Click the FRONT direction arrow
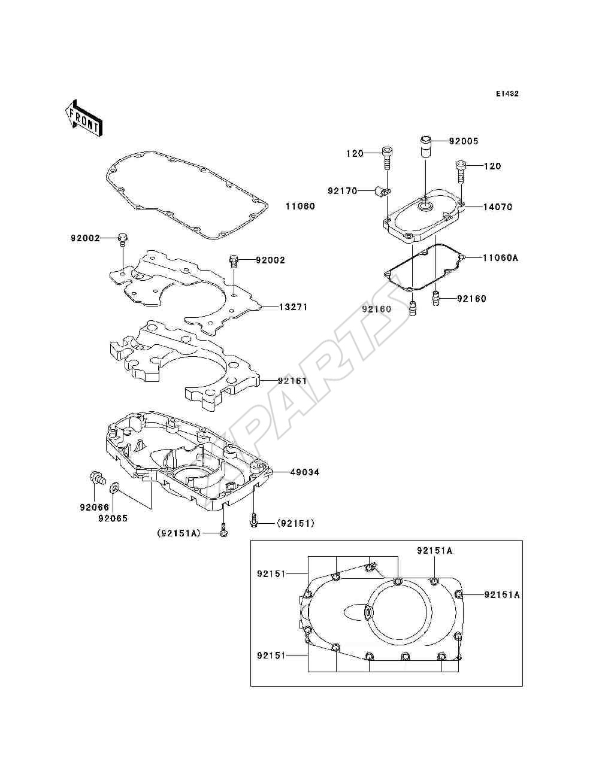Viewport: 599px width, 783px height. coord(84,118)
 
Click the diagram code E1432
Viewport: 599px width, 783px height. coord(507,94)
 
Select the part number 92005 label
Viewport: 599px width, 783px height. coord(464,141)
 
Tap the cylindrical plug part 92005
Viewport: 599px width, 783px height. coord(425,146)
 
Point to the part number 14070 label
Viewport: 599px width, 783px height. coord(498,207)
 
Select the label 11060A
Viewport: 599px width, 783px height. coord(500,257)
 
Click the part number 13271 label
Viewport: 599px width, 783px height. coord(293,306)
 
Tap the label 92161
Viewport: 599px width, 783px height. coord(293,381)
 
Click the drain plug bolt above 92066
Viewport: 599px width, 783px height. coord(97,477)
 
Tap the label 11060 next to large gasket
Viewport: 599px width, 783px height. coord(300,206)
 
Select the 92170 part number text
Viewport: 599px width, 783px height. coord(343,191)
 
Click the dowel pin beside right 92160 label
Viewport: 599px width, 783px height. coord(435,298)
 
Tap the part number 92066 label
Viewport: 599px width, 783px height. coord(94,507)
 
